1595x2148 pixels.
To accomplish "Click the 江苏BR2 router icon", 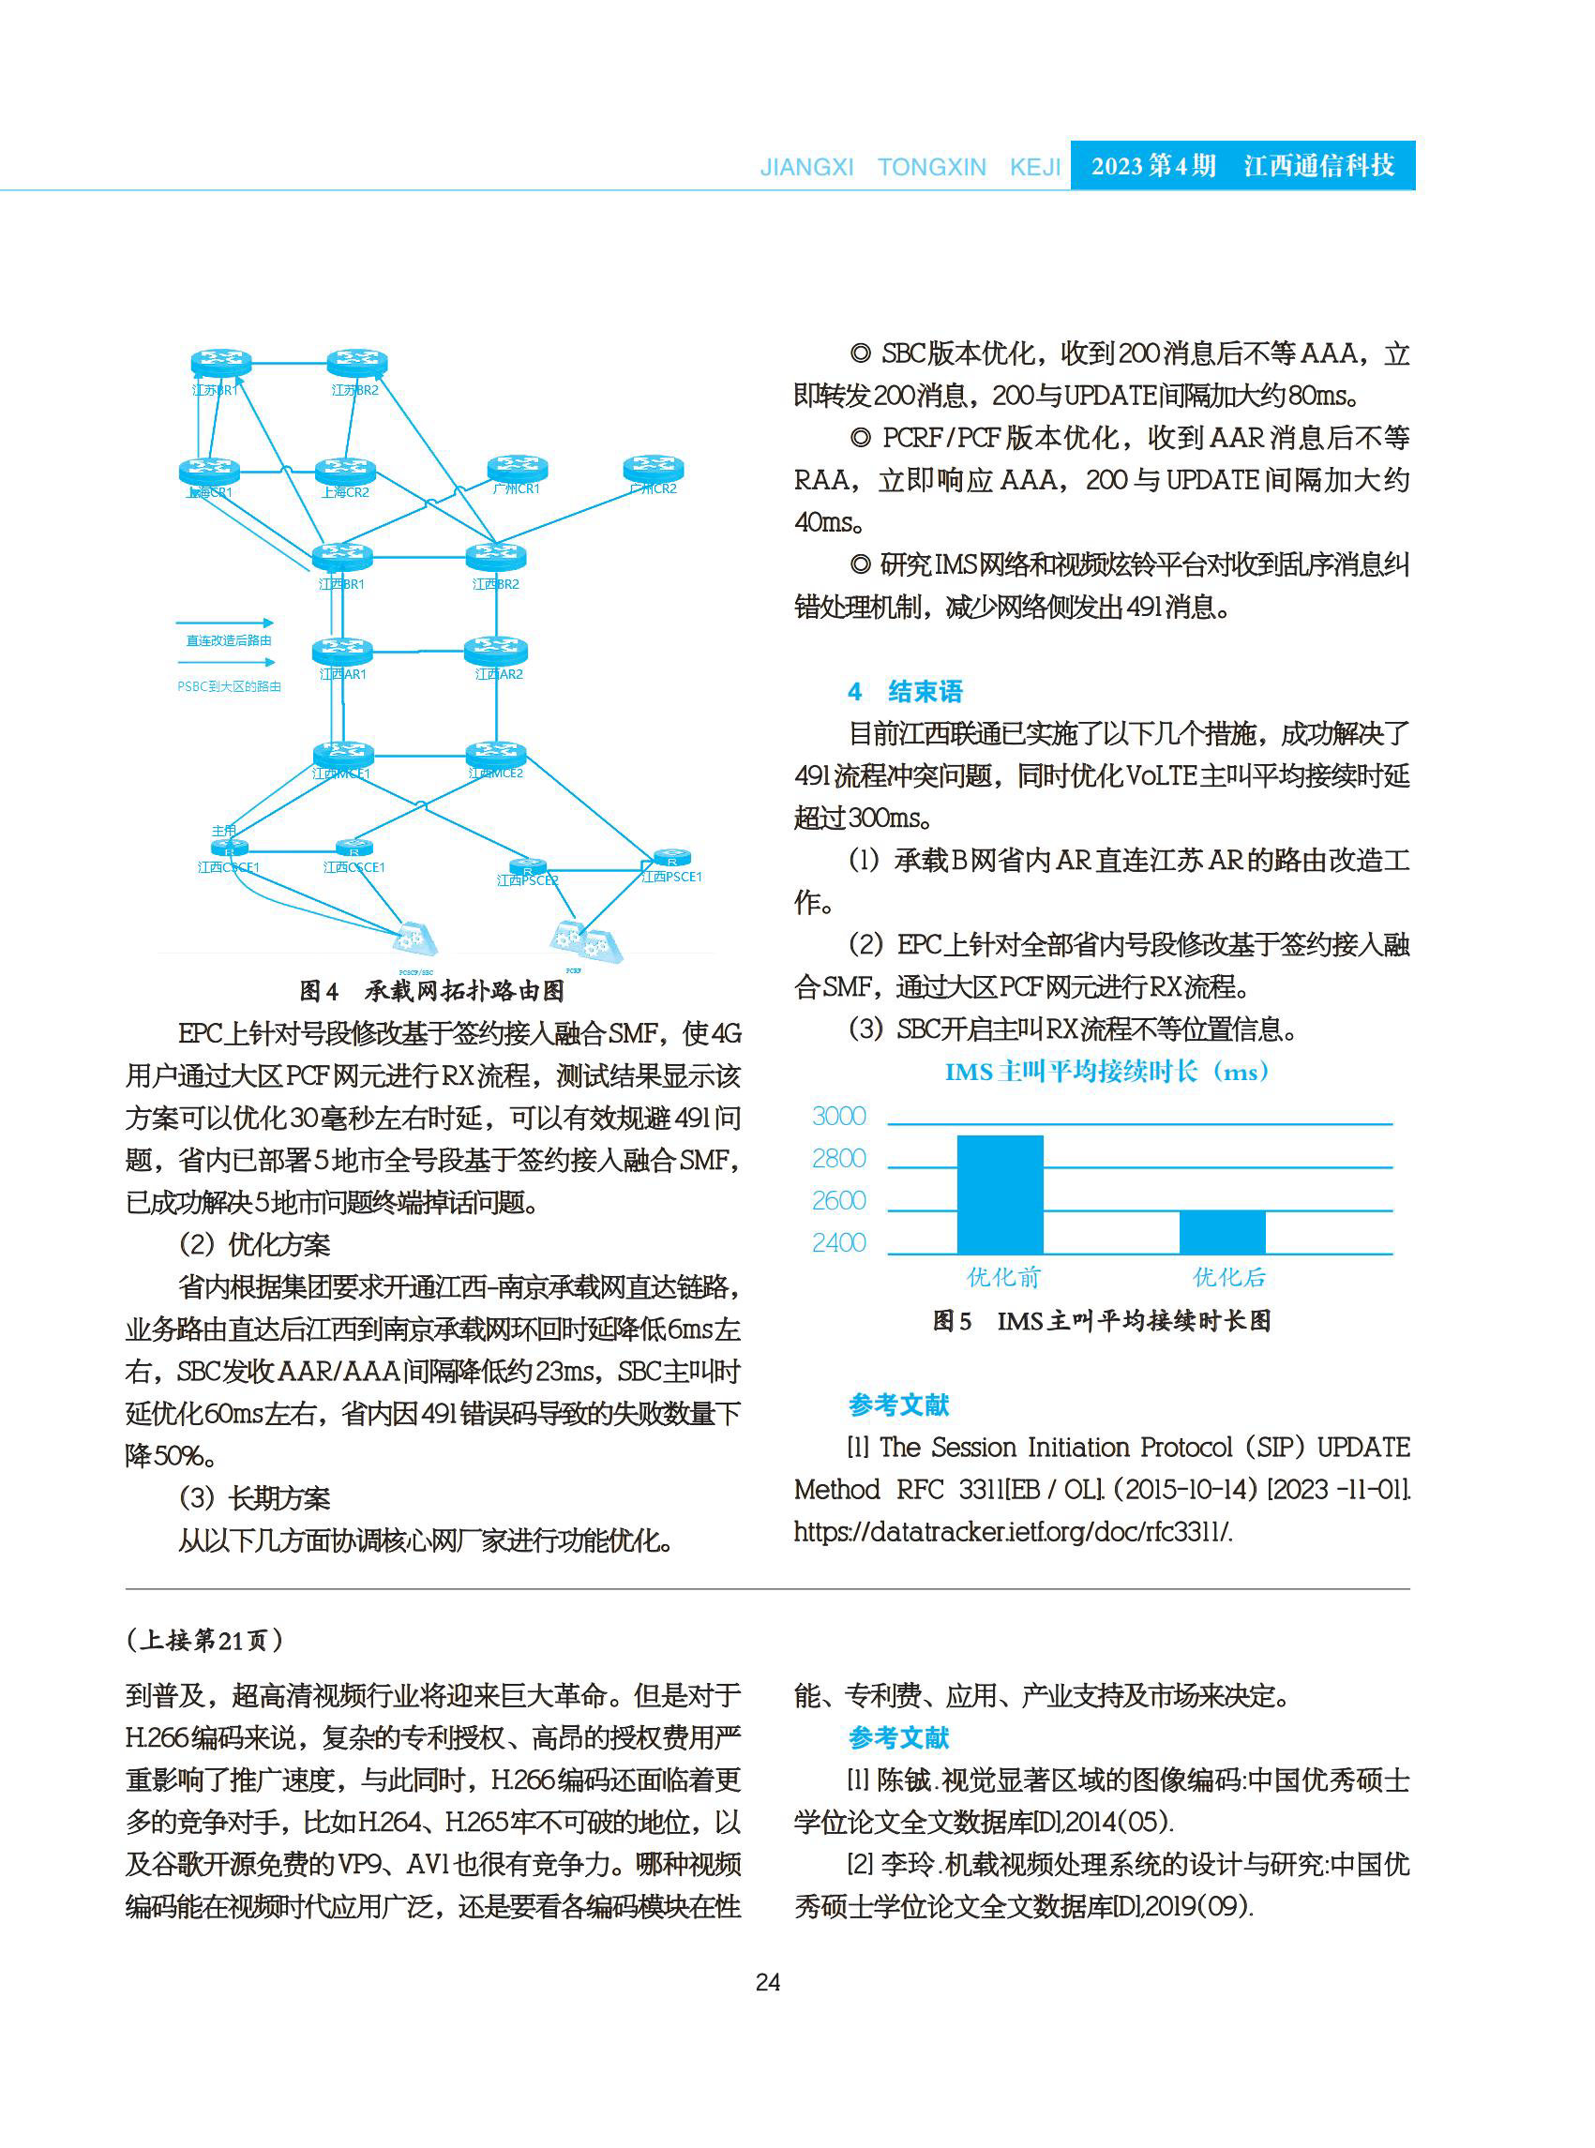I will coord(357,363).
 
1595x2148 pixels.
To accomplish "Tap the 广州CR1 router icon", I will coord(518,468).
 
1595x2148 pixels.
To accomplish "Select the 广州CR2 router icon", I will coord(654,468).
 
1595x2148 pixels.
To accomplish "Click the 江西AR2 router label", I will coord(498,674).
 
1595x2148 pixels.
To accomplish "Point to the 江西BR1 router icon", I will coord(341,556).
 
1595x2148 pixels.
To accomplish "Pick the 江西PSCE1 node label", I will coord(672,877).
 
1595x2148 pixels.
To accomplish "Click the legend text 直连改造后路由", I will coord(229,640).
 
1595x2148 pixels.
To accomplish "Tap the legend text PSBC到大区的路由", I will coord(229,686).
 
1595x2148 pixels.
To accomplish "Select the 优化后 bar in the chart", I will coord(1222,1232).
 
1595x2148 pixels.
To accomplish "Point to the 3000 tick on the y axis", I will coord(839,1116).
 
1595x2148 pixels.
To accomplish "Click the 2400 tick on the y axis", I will coord(839,1242).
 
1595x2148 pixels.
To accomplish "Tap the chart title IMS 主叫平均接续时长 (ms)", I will coord(1106,1072).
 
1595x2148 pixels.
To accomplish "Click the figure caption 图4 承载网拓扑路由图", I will coord(431,990).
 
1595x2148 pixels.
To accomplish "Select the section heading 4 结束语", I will coord(906,691).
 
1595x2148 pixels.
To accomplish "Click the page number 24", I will coord(768,1982).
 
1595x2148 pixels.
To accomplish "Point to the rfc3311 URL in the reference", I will coord(1012,1532).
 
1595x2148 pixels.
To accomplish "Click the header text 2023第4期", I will coord(1152,166).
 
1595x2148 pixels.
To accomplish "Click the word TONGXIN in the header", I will coord(932,167).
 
